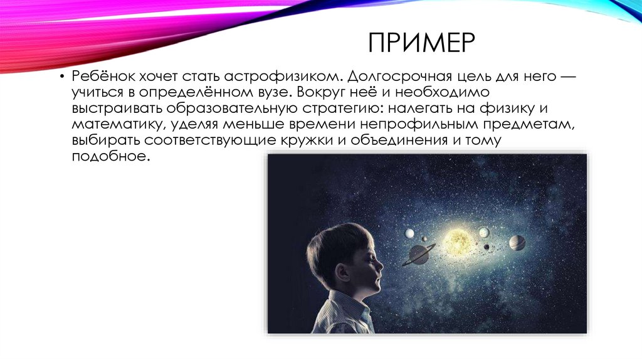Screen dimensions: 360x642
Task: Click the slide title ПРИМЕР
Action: pyautogui.click(x=422, y=46)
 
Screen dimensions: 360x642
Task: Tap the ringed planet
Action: pyautogui.click(x=418, y=254)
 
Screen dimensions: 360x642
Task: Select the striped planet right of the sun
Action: pyautogui.click(x=517, y=243)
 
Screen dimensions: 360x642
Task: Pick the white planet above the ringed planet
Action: pyautogui.click(x=409, y=233)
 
